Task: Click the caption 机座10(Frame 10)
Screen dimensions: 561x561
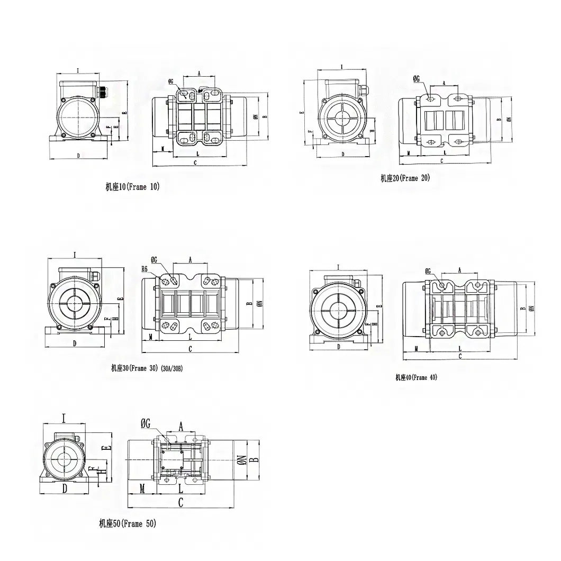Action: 132,186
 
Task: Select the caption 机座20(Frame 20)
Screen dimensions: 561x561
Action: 405,178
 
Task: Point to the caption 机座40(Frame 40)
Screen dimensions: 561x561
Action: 416,377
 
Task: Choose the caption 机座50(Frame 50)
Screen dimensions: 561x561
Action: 128,523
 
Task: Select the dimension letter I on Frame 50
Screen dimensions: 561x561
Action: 63,419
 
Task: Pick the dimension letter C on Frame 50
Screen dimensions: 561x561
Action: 180,502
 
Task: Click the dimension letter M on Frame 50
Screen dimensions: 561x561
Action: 142,487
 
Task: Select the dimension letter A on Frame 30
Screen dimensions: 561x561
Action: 190,259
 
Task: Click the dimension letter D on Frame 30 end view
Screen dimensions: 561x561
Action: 74,343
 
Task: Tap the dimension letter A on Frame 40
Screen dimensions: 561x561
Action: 459,270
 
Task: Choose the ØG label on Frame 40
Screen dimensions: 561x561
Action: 428,271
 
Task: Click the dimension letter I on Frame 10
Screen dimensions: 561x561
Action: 78,70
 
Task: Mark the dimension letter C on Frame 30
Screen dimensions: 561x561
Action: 190,349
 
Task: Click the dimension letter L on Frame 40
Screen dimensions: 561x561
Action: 459,348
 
